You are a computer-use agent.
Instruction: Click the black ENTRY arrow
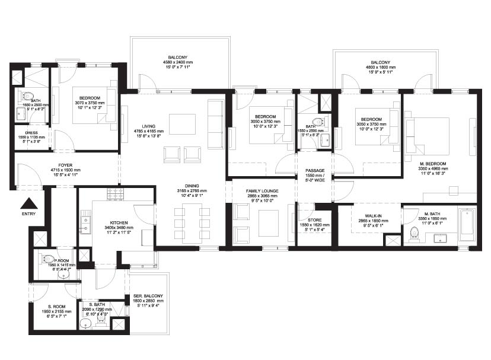point(28,202)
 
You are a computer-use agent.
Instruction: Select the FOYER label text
point(65,165)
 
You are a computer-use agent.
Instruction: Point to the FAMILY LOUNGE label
point(263,191)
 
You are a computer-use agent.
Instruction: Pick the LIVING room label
point(144,126)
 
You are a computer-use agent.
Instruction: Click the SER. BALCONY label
point(148,296)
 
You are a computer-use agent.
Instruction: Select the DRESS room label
point(31,133)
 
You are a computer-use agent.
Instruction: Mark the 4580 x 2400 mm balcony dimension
point(180,63)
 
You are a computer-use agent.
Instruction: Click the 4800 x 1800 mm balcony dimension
point(380,68)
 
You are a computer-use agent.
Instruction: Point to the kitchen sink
point(85,223)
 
